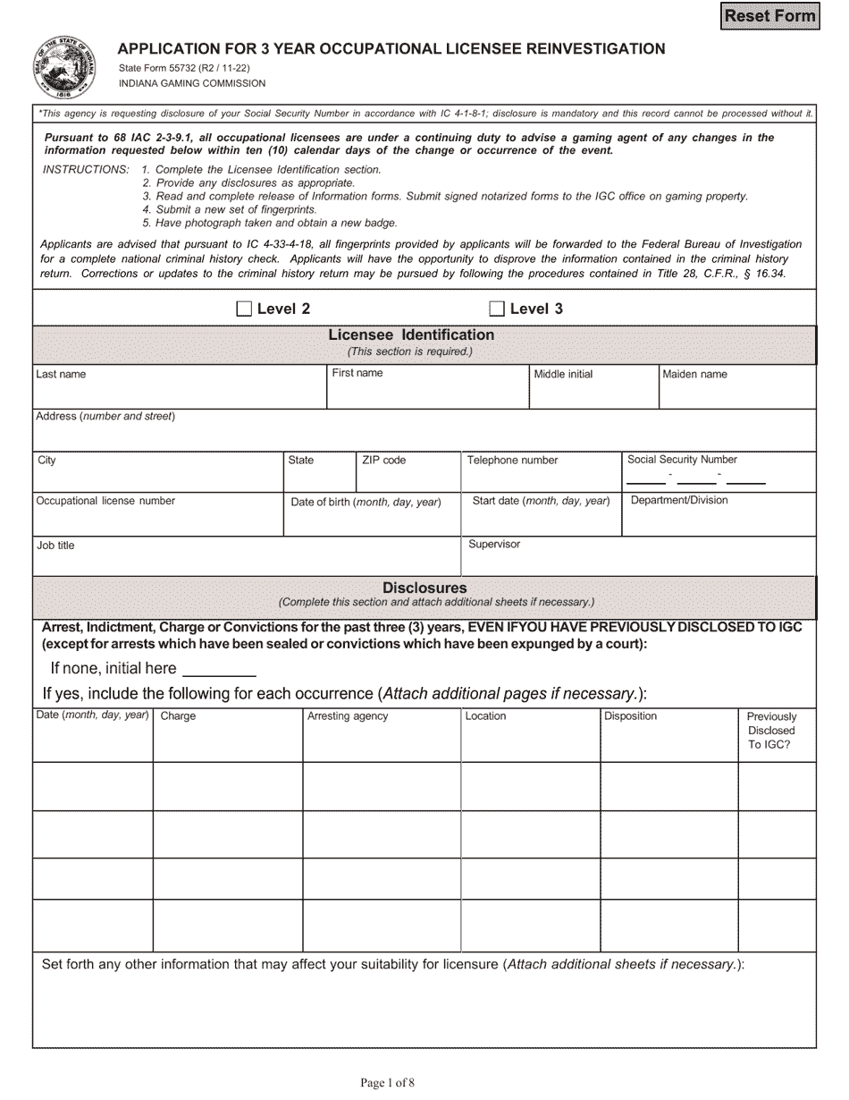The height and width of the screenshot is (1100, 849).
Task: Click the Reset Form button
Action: (769, 16)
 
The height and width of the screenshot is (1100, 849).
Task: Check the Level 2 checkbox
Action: (244, 309)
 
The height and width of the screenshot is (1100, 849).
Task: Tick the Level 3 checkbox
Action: (497, 309)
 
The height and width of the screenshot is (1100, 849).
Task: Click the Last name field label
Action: (61, 374)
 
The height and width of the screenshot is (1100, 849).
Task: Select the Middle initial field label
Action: (563, 374)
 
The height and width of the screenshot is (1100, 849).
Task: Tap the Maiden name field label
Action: (694, 374)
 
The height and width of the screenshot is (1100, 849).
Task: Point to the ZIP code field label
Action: (383, 460)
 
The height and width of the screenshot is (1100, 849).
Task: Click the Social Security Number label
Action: (682, 459)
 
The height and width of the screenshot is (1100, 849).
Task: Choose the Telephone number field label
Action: (512, 460)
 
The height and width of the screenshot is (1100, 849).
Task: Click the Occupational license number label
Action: (105, 501)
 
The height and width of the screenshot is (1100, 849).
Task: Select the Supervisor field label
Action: (493, 544)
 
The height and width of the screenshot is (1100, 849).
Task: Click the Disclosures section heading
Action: (424, 588)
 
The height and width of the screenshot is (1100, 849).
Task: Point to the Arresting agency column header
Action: (348, 716)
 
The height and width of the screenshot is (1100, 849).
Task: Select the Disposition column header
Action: (630, 716)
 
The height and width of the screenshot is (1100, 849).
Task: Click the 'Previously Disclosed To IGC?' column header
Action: (771, 730)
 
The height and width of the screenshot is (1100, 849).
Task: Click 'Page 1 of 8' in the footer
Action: (387, 1082)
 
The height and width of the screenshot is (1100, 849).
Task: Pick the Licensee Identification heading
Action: (411, 334)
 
